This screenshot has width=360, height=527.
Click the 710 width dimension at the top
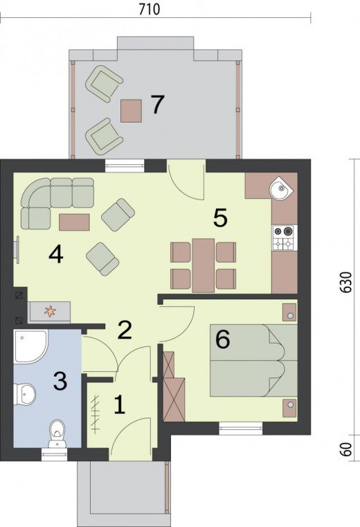[150, 9]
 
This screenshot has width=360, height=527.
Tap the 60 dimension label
[347, 449]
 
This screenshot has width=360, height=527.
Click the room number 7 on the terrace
[157, 105]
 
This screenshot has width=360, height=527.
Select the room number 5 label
[221, 217]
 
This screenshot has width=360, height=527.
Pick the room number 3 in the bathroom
[60, 381]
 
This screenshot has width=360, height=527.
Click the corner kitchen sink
[281, 188]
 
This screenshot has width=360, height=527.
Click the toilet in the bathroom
[57, 434]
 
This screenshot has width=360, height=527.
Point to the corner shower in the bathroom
[30, 346]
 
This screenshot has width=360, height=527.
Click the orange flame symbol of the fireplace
[51, 311]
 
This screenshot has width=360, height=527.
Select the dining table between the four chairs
[204, 265]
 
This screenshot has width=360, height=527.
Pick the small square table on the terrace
[131, 111]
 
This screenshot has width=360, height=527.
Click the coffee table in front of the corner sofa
[74, 222]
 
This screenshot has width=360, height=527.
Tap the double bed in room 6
[253, 360]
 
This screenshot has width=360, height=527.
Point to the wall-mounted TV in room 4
[17, 248]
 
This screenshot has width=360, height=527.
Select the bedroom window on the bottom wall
[241, 428]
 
